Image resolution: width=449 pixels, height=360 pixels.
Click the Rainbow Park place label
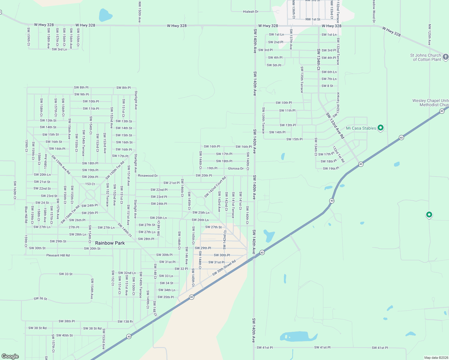point(110,243)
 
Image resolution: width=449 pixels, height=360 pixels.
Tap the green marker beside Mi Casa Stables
point(381,128)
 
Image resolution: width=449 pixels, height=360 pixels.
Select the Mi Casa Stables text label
point(361,128)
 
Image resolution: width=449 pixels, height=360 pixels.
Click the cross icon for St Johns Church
point(446,57)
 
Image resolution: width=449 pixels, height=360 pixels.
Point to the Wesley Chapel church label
point(431,103)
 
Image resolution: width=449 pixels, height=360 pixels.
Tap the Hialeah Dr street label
point(251,12)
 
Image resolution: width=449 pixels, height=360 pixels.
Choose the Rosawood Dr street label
point(148,175)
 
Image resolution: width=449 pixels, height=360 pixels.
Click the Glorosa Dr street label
point(236,168)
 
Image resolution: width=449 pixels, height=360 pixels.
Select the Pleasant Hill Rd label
point(58,255)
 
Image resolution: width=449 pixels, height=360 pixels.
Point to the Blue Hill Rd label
point(26,214)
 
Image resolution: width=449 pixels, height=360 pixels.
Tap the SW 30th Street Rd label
point(224,268)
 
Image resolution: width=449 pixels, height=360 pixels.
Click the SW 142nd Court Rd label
point(215,187)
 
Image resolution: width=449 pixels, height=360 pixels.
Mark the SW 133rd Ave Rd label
point(335,125)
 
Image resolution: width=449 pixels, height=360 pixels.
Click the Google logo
point(10,356)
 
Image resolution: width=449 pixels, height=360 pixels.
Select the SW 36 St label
point(40,298)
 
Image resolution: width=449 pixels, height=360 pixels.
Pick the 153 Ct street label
point(90,184)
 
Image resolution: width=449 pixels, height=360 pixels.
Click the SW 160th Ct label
point(15,190)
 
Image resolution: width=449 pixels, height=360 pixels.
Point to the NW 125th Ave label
point(429,35)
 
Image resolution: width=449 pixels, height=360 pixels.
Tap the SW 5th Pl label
point(274,65)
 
